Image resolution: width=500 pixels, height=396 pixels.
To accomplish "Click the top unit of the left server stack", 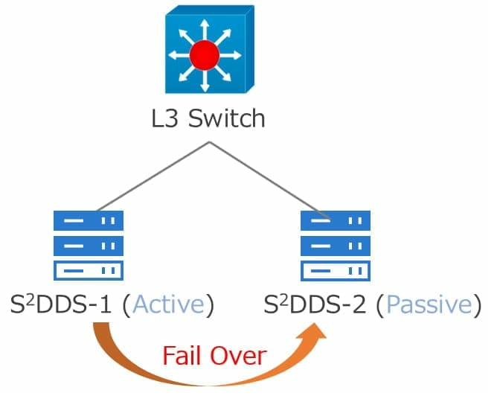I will coord(89,220).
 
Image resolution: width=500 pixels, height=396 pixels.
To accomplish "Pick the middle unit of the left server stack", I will coord(89,245).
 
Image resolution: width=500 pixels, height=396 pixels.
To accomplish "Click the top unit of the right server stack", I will coord(335,220).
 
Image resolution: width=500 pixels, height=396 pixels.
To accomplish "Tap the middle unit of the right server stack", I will coord(335,245).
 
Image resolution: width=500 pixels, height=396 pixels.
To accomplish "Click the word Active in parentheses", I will coord(170,305).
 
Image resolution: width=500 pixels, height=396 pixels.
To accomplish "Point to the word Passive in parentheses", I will coord(429,305).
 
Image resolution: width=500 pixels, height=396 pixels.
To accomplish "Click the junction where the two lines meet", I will coord(211,141).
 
